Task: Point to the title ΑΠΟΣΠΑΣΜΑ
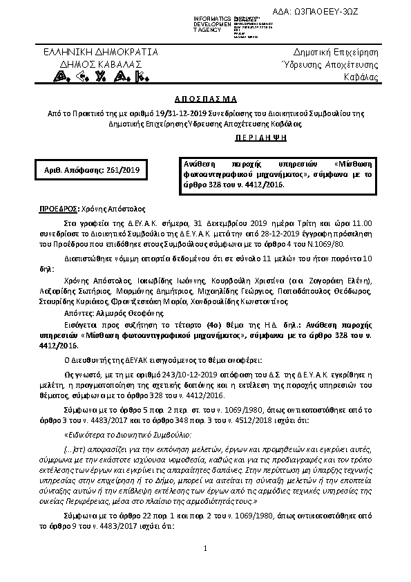[205, 99]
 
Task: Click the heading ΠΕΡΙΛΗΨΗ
[205, 138]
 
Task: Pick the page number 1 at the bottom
[206, 567]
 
